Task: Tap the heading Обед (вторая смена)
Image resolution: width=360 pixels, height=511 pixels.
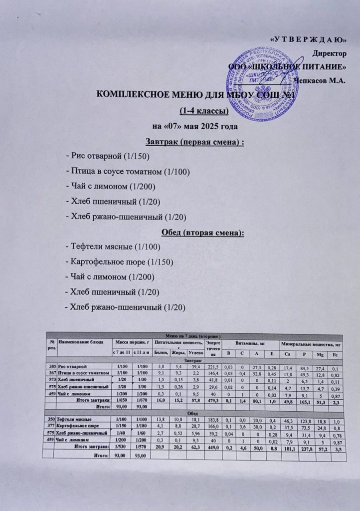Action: [x=197, y=233]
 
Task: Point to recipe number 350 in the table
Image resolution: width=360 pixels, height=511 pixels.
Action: [x=49, y=420]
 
